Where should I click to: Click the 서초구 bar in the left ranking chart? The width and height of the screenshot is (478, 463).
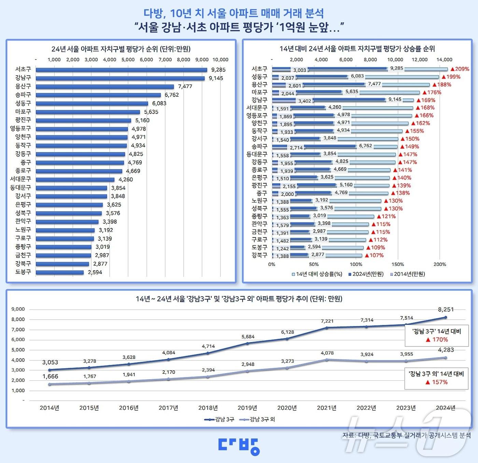coord(121,70)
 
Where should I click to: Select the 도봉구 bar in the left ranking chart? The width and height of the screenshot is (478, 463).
coord(60,272)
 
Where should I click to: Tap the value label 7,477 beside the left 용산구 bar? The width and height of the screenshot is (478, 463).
coord(185,86)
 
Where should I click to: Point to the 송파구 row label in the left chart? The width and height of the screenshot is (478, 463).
coord(23,95)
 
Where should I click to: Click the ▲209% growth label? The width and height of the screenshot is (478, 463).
coord(460,69)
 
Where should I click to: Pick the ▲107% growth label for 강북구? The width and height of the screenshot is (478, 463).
coord(374,255)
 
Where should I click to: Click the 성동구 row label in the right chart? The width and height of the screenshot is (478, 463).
coord(259,77)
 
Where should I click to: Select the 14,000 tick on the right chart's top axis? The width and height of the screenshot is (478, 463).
coord(444,59)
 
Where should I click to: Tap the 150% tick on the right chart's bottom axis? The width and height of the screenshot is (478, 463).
coord(398,264)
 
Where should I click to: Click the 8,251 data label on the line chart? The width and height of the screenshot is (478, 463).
coord(446,310)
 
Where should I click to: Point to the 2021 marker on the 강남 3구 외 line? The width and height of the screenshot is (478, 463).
coord(327,360)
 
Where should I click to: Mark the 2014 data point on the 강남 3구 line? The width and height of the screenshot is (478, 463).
coord(50,370)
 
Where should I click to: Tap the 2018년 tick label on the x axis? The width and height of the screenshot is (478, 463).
coord(208,408)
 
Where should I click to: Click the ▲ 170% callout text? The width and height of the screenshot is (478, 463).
coord(437,340)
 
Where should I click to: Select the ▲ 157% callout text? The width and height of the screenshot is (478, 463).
coord(436,382)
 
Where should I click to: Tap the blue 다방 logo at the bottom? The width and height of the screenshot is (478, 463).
coord(239,446)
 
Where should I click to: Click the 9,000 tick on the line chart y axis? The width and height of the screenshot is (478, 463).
coord(18,309)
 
